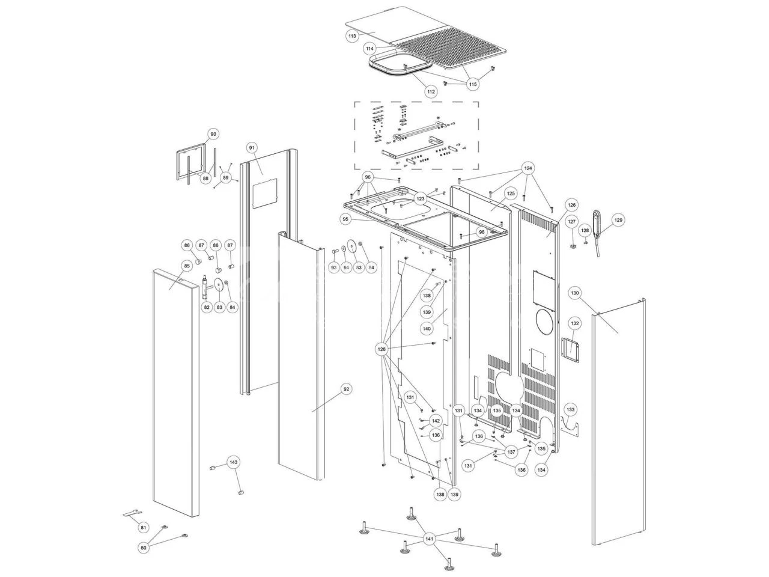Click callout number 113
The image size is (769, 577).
352,37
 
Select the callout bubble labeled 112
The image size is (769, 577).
431,92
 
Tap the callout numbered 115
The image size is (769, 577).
473,85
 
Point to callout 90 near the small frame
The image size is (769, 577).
213,134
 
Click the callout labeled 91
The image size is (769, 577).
252,147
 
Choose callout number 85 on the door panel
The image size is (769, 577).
187,265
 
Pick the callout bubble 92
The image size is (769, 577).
346,389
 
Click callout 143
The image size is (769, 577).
234,462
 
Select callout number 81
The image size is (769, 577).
143,527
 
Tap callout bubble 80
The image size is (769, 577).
143,548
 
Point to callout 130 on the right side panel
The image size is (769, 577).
575,293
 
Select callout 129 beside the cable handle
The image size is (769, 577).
618,221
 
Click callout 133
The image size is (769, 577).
570,410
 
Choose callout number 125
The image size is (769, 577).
510,194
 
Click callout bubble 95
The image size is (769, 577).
345,219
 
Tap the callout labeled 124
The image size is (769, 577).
528,168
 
